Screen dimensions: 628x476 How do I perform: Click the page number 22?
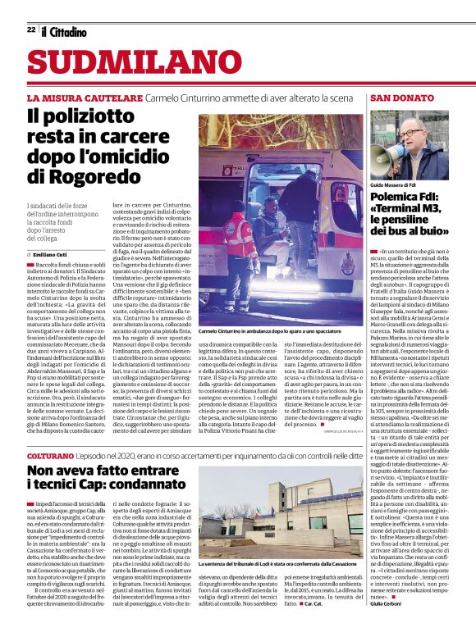click(x=30, y=30)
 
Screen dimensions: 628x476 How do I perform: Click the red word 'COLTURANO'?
click(x=52, y=454)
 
